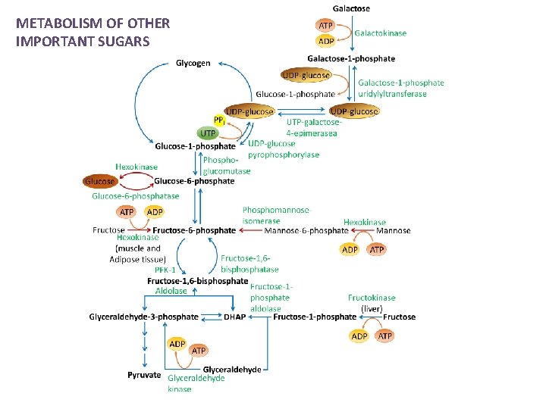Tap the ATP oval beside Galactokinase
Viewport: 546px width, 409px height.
coord(325,26)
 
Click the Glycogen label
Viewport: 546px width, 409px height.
coord(193,63)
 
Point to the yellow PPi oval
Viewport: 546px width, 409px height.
coord(218,120)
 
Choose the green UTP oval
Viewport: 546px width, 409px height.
coord(207,133)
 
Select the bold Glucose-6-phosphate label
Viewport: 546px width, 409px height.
coord(194,181)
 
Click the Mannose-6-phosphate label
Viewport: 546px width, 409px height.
coord(306,230)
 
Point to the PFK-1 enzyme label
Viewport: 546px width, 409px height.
coord(165,269)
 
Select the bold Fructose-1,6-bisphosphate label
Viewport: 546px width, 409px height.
coord(197,280)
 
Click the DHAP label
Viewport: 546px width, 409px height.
coord(234,317)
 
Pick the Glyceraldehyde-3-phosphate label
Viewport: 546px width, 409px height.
coord(143,317)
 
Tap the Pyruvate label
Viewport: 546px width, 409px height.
coord(144,374)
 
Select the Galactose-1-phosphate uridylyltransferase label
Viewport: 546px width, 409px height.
coord(400,89)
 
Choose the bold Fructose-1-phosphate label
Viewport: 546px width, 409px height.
coord(314,317)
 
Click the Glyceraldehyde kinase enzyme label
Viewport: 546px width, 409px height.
coord(196,383)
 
